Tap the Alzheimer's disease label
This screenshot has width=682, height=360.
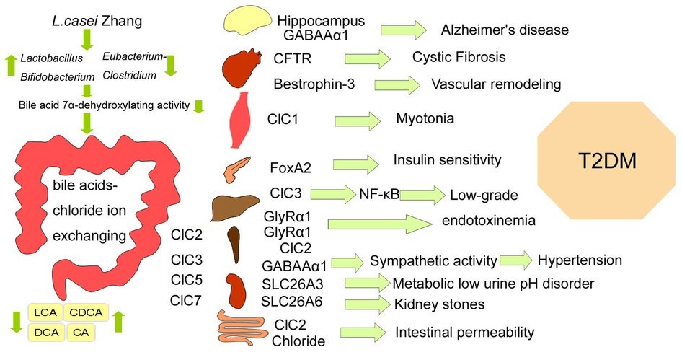coord(505,31)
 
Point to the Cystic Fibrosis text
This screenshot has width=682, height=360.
coord(459,57)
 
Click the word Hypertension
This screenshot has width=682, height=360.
coord(579,258)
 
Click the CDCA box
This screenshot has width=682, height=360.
coord(87,312)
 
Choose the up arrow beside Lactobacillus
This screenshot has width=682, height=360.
coord(9,65)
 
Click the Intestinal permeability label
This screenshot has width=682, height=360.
coord(465,333)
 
